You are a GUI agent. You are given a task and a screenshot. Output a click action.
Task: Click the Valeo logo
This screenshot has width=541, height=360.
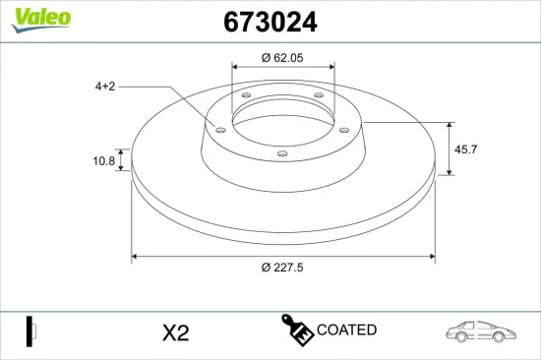pyautogui.click(x=41, y=20)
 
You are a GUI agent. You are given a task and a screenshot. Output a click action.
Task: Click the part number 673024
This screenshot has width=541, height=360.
pyautogui.click(x=270, y=22)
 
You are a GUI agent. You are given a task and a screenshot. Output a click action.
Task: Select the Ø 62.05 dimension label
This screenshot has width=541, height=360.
pyautogui.click(x=282, y=58)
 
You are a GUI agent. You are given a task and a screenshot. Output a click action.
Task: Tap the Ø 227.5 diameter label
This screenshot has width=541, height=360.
pyautogui.click(x=282, y=268)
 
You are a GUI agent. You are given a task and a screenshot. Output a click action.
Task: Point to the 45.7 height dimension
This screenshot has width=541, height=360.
pyautogui.click(x=465, y=150)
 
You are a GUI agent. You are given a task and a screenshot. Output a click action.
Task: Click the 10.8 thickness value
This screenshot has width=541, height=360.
pyautogui.click(x=104, y=161)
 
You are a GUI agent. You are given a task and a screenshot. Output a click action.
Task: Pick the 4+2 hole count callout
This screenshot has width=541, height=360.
pyautogui.click(x=105, y=87)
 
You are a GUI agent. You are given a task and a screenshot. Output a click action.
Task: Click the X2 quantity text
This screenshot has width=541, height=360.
pyautogui.click(x=176, y=333)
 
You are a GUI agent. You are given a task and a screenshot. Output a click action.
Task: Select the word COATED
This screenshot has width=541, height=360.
pyautogui.click(x=346, y=330)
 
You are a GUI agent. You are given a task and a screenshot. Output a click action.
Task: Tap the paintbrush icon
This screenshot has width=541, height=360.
pyautogui.click(x=297, y=330)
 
